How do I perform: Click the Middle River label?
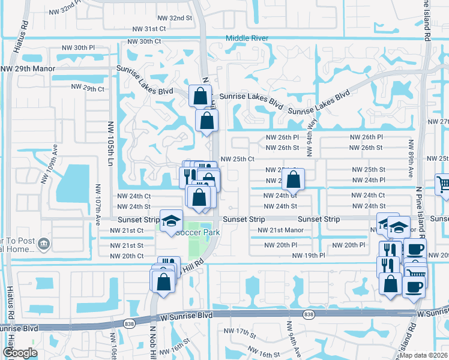(247, 38)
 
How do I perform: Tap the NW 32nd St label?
(172, 18)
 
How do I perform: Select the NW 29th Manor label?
(28, 69)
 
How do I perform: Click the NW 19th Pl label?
(309, 256)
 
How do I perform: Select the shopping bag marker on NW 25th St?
(293, 179)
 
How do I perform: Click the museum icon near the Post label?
(43, 244)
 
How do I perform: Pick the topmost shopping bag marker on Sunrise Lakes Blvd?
(200, 95)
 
